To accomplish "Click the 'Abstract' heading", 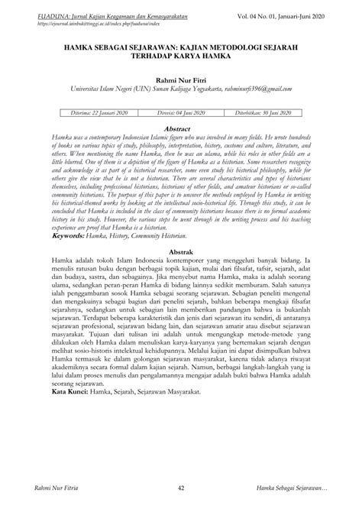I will [x=181, y=129].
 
